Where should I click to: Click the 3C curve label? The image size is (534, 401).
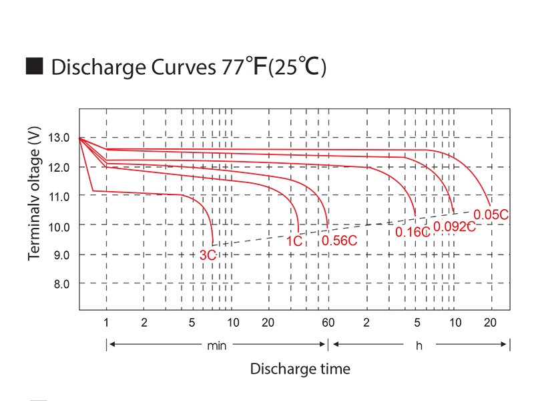point(208,255)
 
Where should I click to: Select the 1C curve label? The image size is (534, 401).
point(295,241)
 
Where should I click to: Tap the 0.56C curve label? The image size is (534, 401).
point(340,241)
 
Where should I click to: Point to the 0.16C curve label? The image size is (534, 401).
point(413,232)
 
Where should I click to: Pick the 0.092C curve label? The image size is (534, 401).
point(454,226)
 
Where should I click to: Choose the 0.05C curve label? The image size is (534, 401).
point(491,214)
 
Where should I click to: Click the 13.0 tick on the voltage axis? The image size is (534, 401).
point(59,138)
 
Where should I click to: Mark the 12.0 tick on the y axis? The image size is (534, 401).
point(59,167)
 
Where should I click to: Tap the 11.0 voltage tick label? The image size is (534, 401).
point(59,196)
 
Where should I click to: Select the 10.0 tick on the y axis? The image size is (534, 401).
point(59,226)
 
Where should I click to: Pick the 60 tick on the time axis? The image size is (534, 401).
point(328,323)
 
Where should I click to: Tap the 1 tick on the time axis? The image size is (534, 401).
point(107,323)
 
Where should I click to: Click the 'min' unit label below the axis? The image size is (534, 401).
point(216,346)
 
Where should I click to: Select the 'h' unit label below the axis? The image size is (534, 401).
point(419,346)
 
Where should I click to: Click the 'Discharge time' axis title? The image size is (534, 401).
point(300,369)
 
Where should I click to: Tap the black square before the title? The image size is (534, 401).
point(34,67)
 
